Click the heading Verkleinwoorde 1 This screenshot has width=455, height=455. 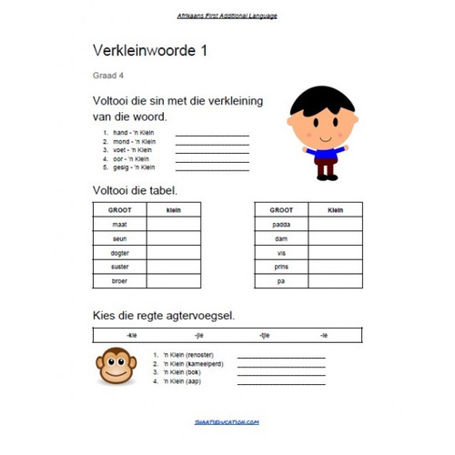(150, 52)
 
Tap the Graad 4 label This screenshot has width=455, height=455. (106, 76)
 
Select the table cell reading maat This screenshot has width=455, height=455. (119, 223)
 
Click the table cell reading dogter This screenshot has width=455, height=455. (119, 252)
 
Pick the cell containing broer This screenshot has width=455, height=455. (119, 281)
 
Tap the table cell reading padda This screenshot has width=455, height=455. (281, 223)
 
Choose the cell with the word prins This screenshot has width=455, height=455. (281, 267)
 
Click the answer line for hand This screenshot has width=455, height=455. (211, 135)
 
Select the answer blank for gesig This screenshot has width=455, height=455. (211, 167)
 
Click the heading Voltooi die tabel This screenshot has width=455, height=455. (135, 190)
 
